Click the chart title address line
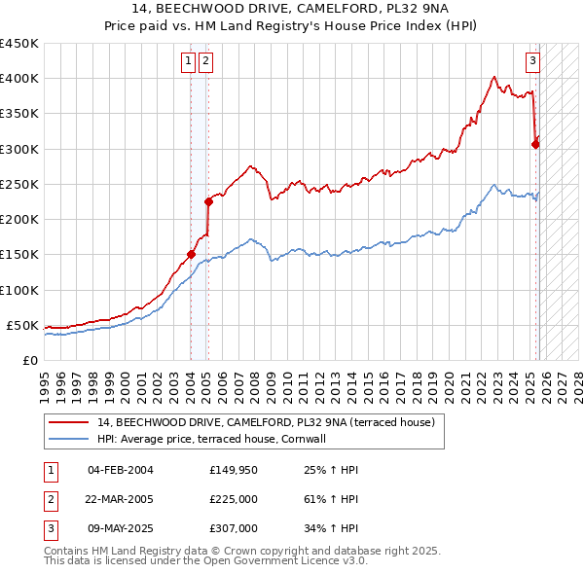(291, 10)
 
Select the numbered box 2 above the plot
(206, 61)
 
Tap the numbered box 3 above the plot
(533, 61)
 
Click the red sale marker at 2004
(191, 255)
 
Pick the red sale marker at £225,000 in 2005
(208, 202)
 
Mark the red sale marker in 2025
(535, 144)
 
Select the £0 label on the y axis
(29, 360)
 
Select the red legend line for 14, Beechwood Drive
(68, 422)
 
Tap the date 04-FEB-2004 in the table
(121, 471)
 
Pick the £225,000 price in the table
(234, 499)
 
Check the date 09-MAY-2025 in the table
(121, 528)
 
